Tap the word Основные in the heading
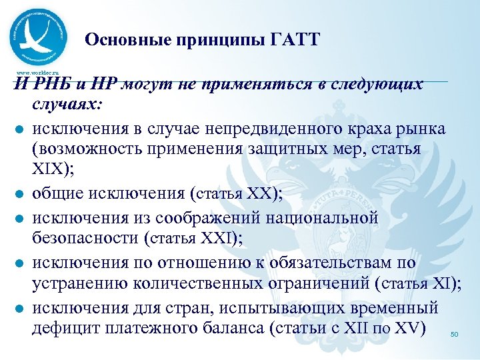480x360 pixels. point(123,40)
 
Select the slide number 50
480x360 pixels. point(455,334)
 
